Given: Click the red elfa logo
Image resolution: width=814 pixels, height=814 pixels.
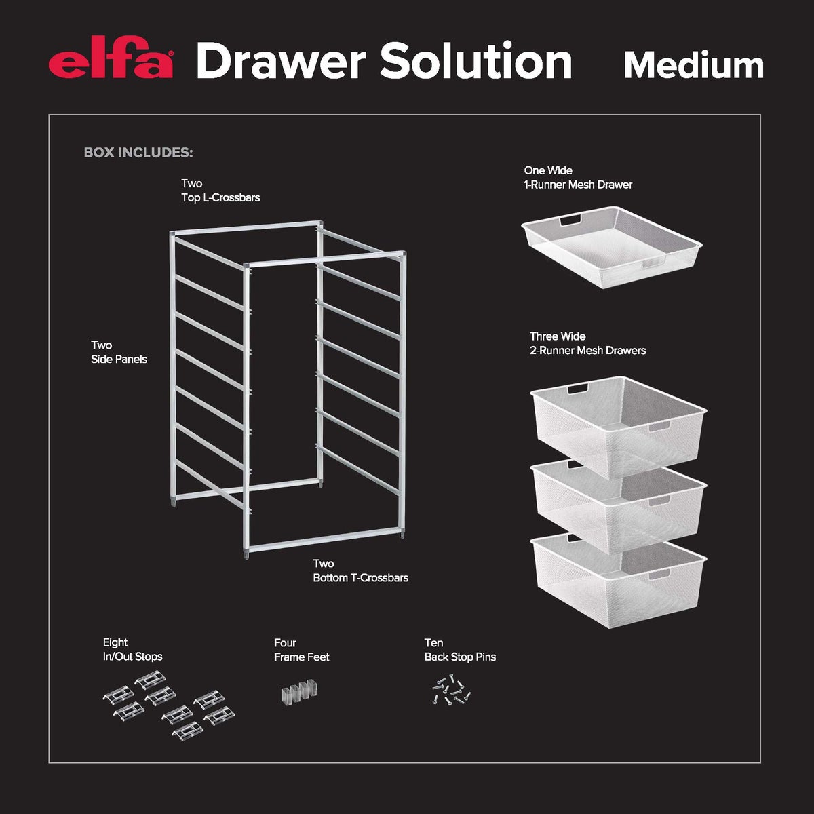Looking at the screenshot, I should click(x=111, y=62).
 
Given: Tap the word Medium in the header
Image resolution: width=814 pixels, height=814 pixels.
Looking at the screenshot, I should click(x=693, y=65).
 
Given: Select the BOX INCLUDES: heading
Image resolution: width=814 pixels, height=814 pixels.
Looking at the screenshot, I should click(x=138, y=153).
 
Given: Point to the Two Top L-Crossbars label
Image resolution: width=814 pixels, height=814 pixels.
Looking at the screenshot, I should click(x=220, y=191).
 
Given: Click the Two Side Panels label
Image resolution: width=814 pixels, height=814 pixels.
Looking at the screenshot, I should click(x=119, y=352).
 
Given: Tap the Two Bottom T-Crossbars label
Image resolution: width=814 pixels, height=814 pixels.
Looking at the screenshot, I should click(x=360, y=571).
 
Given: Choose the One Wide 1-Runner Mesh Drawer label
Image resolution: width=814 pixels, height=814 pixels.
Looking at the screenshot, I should click(x=577, y=178).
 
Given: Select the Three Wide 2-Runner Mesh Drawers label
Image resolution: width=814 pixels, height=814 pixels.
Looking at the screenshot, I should click(x=587, y=344).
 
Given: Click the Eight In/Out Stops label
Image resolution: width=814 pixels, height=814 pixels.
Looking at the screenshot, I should click(x=132, y=650).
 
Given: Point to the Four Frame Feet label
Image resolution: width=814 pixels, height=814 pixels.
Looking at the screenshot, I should click(x=301, y=650).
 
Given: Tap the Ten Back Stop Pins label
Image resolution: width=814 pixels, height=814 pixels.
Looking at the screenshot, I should click(x=460, y=650).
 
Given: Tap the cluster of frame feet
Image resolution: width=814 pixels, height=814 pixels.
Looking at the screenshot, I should click(x=299, y=691).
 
